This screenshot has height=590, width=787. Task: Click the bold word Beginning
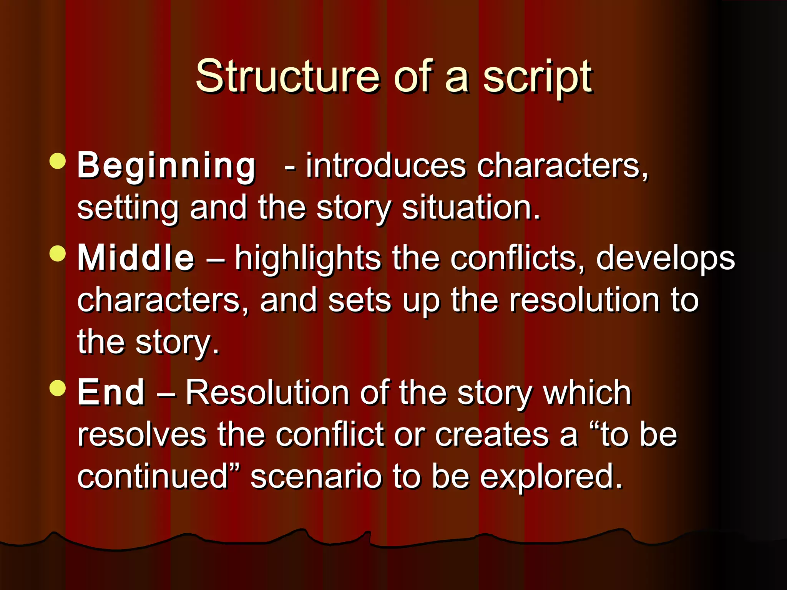166,166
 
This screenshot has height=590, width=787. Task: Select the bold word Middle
136,258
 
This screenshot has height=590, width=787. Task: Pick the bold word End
111,392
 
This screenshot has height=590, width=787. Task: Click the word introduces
385,166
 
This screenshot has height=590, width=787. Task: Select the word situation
471,208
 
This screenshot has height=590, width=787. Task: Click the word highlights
308,259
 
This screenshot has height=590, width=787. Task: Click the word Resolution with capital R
267,392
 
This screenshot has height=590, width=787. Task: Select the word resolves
142,434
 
